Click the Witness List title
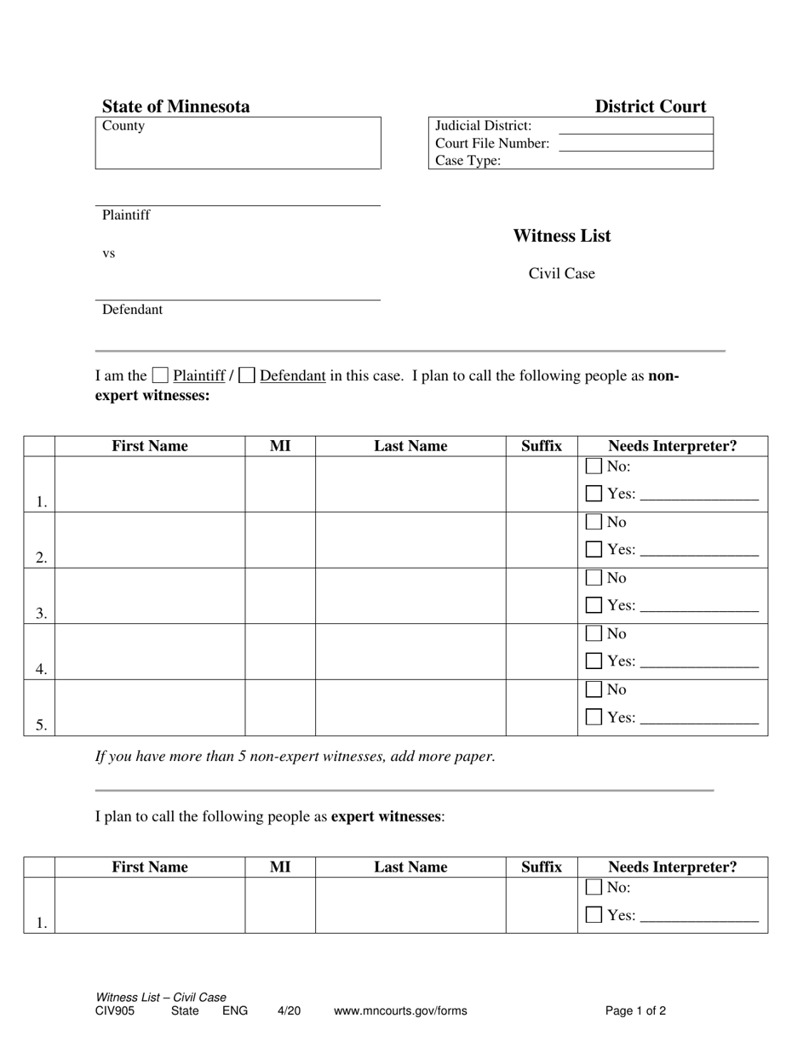pos(561,236)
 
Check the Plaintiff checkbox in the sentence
pos(160,375)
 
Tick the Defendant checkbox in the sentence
pos(247,375)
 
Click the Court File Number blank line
pos(635,144)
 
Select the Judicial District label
pos(483,126)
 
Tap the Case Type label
pos(468,161)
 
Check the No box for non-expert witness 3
pos(594,578)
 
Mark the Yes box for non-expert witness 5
pos(594,717)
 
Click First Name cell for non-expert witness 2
pos(150,540)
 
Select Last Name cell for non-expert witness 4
pos(410,651)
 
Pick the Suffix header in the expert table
pos(542,867)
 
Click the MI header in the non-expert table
pos(280,446)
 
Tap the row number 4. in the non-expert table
pos(41,669)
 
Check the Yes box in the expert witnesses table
pos(594,914)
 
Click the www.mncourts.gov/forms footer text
pos(400,1011)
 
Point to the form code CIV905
pos(115,1011)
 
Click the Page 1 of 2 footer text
pos(635,1011)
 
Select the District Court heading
pos(650,106)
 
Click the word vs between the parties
pos(109,254)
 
